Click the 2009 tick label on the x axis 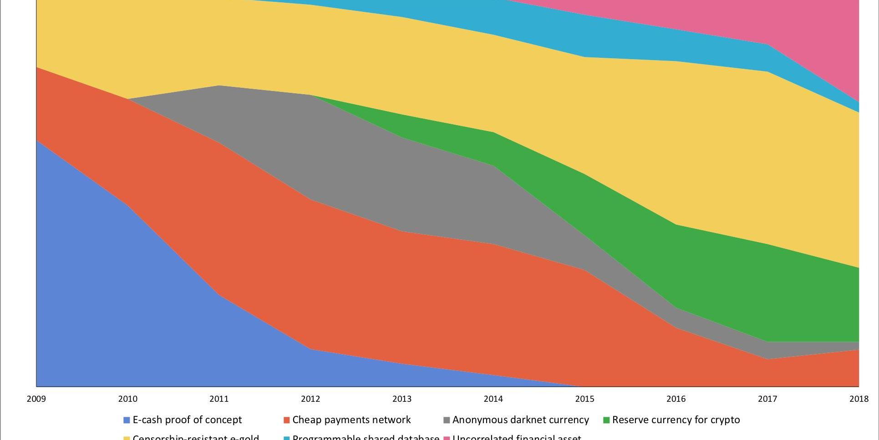point(36,399)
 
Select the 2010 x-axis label point(127,399)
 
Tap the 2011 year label point(219,399)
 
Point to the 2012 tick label point(310,399)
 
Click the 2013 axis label point(402,399)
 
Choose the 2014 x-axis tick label point(493,399)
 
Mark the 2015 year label point(585,399)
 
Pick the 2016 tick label point(676,399)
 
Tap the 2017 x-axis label point(767,399)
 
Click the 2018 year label point(859,399)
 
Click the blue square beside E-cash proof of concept point(127,420)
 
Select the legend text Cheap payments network point(351,420)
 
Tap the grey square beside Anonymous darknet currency point(447,420)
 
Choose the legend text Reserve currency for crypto point(676,420)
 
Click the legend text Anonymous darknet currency point(520,420)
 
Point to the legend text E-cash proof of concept point(187,420)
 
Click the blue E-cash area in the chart point(114,296)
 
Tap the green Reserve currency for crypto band point(728,282)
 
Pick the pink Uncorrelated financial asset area point(819,36)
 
